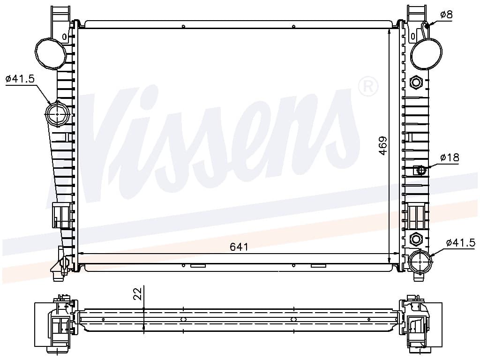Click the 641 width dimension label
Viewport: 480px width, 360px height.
[239, 247]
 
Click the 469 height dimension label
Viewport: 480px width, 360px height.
[383, 145]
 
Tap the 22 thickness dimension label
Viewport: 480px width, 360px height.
[138, 293]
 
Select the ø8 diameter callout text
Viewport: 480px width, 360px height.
[446, 15]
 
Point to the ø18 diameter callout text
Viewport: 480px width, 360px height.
[450, 157]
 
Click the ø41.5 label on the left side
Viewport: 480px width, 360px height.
[20, 79]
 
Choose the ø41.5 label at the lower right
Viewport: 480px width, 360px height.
[461, 243]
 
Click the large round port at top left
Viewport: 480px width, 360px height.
[51, 53]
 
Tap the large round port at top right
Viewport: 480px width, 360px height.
[426, 53]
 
